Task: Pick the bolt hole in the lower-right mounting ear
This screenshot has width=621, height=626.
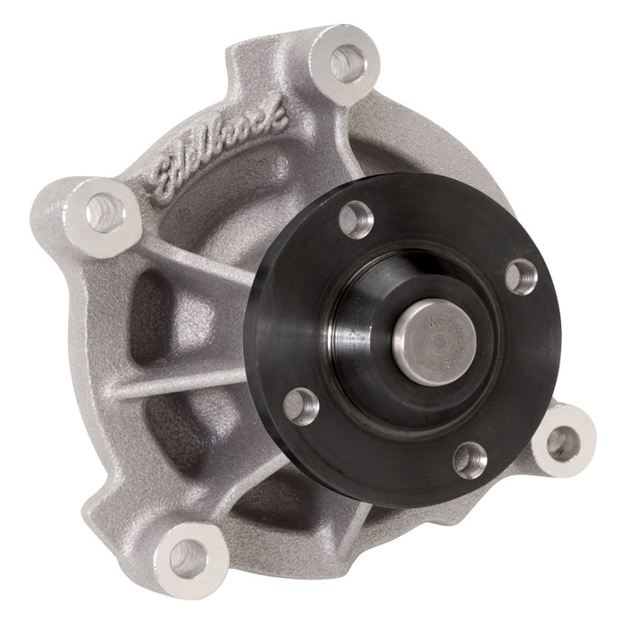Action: (x=561, y=441)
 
